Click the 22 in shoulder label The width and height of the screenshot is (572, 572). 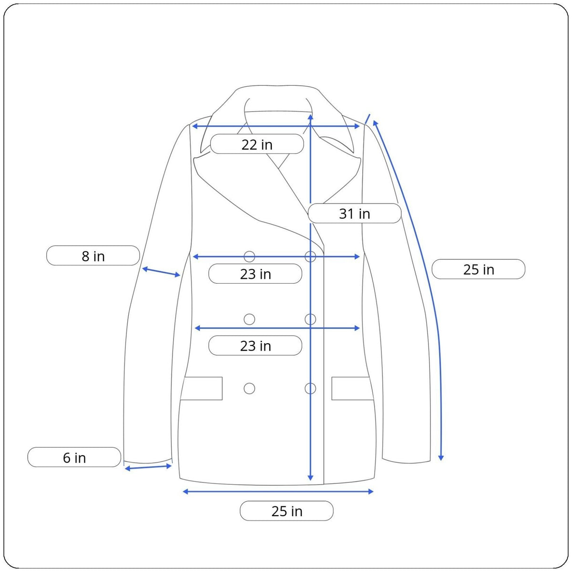click(x=257, y=144)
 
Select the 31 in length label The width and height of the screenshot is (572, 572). click(x=355, y=214)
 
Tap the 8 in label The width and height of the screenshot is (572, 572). click(x=93, y=256)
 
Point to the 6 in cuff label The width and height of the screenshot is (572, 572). click(x=74, y=458)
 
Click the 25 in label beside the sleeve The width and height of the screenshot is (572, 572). click(x=479, y=269)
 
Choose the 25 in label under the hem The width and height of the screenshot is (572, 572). click(x=287, y=511)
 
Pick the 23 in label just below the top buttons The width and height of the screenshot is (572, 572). click(x=255, y=274)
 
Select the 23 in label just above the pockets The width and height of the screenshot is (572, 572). click(x=255, y=346)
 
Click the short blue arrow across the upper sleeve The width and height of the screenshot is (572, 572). click(x=161, y=272)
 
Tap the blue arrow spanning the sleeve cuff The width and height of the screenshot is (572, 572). click(x=148, y=468)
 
